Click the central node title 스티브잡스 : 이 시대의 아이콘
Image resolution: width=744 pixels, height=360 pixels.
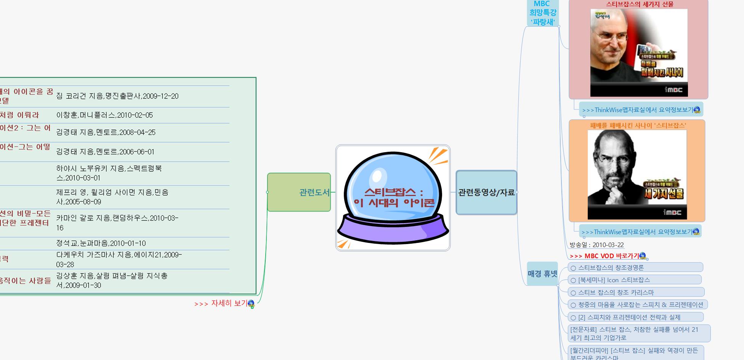click(x=394, y=198)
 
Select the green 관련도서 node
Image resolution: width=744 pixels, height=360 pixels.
click(x=299, y=192)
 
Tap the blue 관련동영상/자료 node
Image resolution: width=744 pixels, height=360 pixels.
click(x=486, y=193)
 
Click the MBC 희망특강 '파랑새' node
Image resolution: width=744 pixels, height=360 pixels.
click(x=542, y=13)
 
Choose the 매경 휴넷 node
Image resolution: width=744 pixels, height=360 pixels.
click(x=542, y=273)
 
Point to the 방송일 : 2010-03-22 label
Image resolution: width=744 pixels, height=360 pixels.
click(x=596, y=245)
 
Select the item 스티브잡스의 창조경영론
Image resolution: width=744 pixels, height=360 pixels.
click(x=611, y=268)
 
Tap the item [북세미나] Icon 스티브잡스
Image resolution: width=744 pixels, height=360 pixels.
click(x=614, y=280)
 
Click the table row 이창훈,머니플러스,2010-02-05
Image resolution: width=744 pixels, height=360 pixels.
click(x=104, y=115)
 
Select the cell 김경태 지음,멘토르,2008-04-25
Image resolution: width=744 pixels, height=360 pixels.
click(x=106, y=132)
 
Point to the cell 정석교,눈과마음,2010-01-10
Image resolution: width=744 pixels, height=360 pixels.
click(x=101, y=243)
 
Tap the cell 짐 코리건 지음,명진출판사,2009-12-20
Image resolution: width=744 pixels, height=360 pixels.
click(x=117, y=96)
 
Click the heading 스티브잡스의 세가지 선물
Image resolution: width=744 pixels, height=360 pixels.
click(x=640, y=4)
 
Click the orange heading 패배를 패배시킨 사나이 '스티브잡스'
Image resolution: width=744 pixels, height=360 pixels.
click(x=638, y=125)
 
